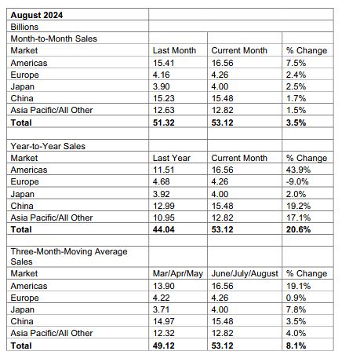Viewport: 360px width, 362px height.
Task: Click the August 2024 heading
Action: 36,13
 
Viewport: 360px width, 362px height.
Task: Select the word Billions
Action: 24,26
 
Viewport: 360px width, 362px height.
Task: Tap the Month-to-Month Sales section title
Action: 49,38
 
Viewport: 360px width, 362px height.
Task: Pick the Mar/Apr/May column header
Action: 178,274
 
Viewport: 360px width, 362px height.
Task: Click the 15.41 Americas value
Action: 163,62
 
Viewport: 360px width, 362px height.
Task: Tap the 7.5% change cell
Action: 298,62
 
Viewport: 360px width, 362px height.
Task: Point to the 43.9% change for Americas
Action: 300,170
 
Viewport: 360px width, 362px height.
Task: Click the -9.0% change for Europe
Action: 300,181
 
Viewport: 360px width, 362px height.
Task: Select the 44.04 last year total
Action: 163,229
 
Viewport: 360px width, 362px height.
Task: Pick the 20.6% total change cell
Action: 300,229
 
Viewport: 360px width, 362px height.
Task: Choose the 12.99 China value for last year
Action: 163,205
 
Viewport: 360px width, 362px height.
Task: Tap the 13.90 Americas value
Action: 163,286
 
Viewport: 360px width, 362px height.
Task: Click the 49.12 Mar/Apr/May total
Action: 163,345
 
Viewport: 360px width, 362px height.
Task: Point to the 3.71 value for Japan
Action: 161,309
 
